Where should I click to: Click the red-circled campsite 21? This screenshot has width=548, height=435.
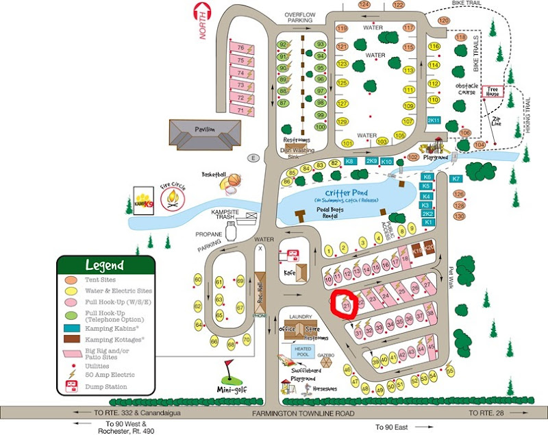coord(347,302)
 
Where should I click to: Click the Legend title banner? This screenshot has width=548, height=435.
coord(105,265)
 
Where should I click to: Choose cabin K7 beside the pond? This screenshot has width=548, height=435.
coord(457,179)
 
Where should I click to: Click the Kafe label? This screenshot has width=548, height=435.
coord(290,273)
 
